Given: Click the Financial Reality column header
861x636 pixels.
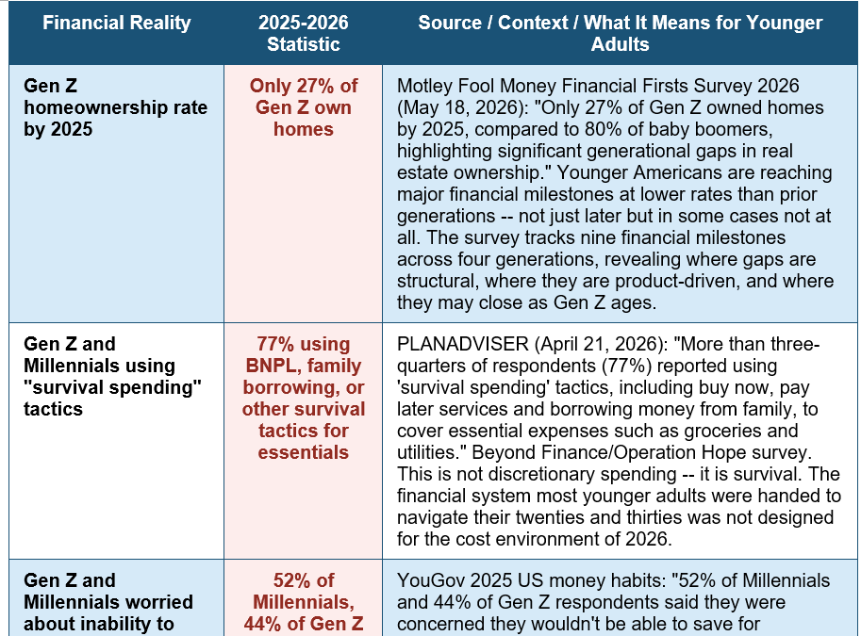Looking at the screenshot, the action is coord(116,23).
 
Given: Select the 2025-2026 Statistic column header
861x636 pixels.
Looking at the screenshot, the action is coord(303,33).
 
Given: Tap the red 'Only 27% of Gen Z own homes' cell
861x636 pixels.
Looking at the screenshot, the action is coord(303,107).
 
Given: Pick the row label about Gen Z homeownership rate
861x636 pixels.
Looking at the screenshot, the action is coord(115,107).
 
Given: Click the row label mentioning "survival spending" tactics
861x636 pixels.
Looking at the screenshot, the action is coord(112,376).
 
